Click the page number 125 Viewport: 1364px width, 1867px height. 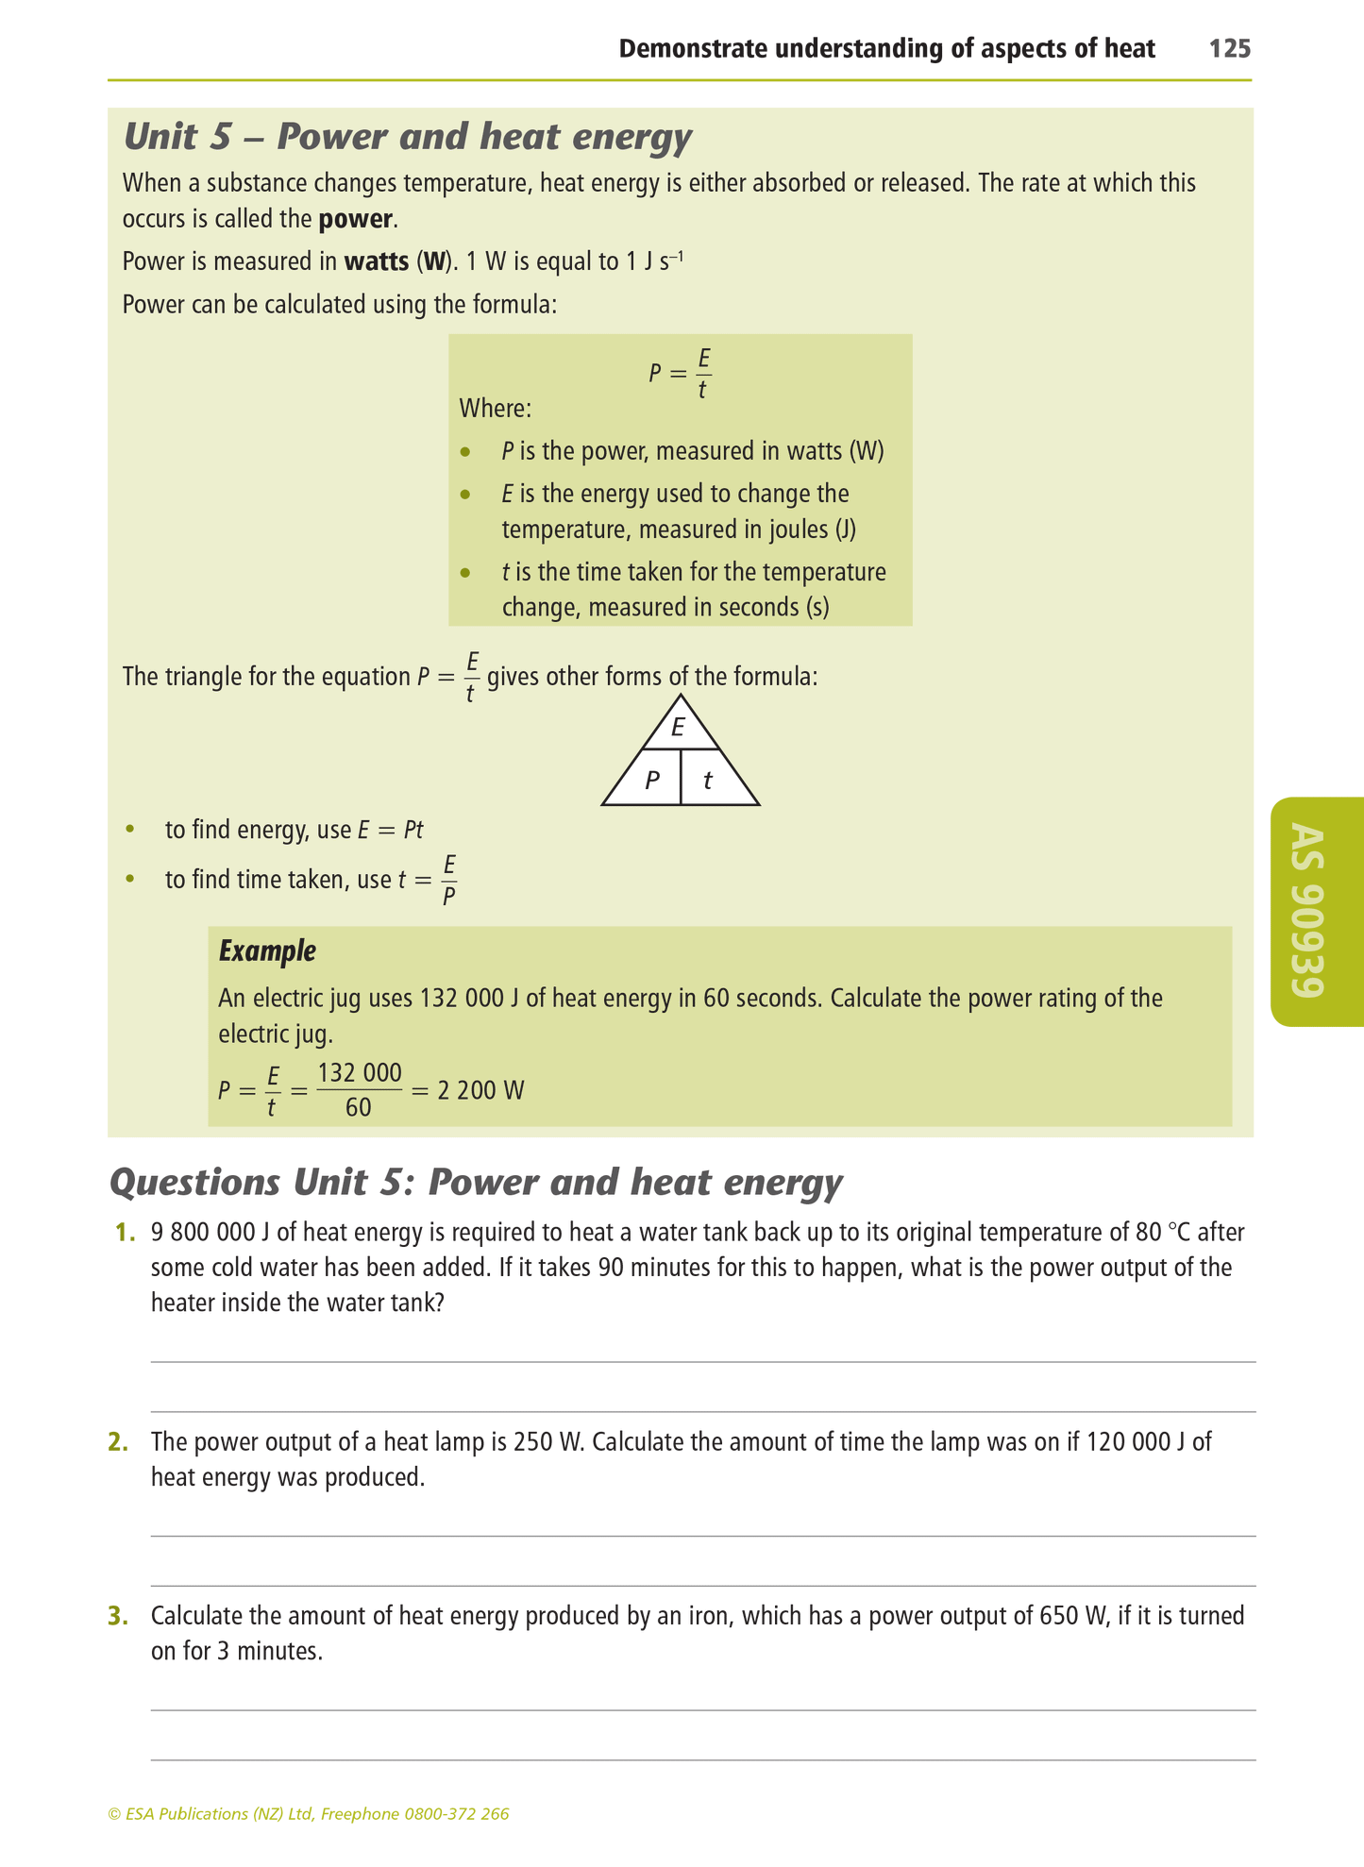pos(1230,49)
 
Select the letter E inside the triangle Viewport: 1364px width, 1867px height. pos(678,728)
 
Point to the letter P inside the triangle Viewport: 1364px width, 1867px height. pos(651,781)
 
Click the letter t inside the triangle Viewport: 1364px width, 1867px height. pos(708,781)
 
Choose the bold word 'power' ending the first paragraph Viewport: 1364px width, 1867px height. pos(355,220)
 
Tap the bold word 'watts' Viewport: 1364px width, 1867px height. pos(377,261)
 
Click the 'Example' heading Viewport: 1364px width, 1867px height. pos(267,950)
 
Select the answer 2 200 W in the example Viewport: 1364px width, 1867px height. pos(480,1091)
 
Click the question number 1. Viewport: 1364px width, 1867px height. pos(120,1233)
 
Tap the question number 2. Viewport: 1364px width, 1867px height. pos(118,1442)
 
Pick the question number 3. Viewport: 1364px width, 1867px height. pos(118,1617)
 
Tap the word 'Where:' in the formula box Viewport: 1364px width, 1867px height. pos(495,409)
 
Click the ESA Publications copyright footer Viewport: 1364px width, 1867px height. pos(309,1814)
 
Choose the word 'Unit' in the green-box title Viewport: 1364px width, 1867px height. pos(163,137)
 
